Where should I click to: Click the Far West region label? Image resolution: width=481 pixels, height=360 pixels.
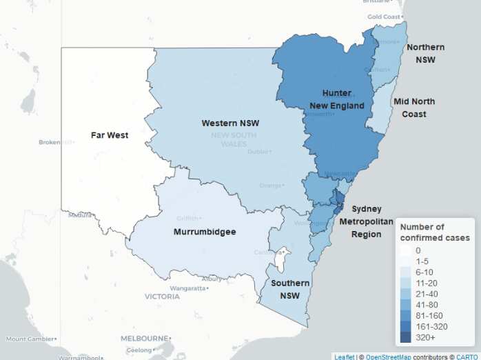pyautogui.click(x=109, y=135)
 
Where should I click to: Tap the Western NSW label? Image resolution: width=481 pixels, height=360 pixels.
pyautogui.click(x=229, y=123)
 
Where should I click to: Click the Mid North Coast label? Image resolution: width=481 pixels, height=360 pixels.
pyautogui.click(x=414, y=108)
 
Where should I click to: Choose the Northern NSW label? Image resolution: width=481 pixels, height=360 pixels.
pyautogui.click(x=425, y=53)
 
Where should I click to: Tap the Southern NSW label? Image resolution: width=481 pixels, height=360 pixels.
pyautogui.click(x=290, y=289)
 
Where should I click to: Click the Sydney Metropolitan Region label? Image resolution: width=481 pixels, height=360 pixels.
pyautogui.click(x=372, y=221)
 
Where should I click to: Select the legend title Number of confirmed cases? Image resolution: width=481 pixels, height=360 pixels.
pyautogui.click(x=435, y=232)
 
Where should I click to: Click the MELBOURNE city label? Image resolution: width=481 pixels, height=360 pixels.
pyautogui.click(x=145, y=339)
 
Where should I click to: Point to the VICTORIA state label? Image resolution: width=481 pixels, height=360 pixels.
pyautogui.click(x=162, y=296)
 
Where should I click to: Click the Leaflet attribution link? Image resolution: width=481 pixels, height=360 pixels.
pyautogui.click(x=345, y=357)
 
